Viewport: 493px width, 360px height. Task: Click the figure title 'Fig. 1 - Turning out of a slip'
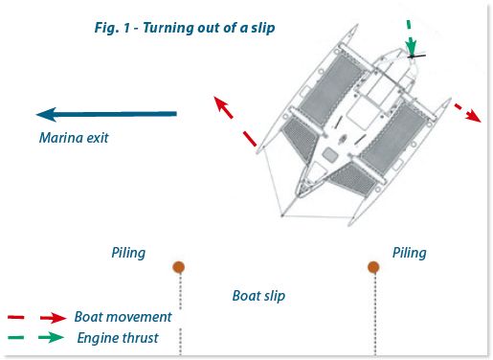[177, 28]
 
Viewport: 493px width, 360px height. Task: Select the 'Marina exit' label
[74, 138]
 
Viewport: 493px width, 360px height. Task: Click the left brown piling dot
[178, 267]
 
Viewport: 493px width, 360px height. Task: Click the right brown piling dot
[373, 267]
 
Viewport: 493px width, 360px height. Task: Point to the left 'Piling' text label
[128, 253]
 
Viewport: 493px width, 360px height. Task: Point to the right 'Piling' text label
[410, 253]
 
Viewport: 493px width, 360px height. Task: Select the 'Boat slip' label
[258, 296]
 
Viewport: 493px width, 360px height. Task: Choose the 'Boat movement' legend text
[123, 317]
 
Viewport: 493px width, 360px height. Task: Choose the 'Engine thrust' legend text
[118, 338]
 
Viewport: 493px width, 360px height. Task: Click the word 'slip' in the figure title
[261, 28]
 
